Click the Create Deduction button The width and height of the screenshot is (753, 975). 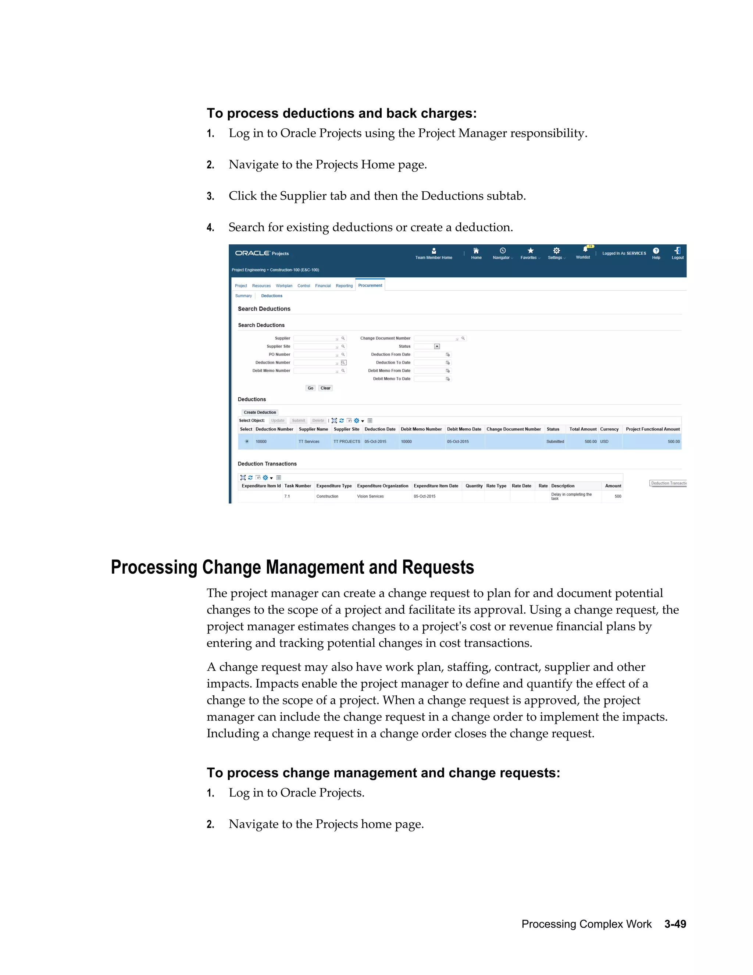(260, 412)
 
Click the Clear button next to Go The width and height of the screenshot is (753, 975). (325, 388)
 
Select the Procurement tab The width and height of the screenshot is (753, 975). (370, 285)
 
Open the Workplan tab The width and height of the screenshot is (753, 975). (284, 286)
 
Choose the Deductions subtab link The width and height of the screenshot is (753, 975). (271, 295)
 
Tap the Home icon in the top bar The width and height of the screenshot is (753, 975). (476, 251)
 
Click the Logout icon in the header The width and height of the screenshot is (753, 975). (677, 251)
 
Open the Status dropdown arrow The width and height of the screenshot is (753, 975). (437, 347)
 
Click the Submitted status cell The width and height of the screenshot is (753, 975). (555, 442)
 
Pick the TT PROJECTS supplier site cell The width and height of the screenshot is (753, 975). (347, 442)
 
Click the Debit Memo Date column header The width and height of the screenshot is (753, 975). (464, 429)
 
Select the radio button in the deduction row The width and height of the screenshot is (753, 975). (247, 442)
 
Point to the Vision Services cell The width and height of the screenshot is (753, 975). (370, 496)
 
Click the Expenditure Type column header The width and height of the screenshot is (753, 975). (334, 486)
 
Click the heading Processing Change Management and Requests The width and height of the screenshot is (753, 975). (292, 567)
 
